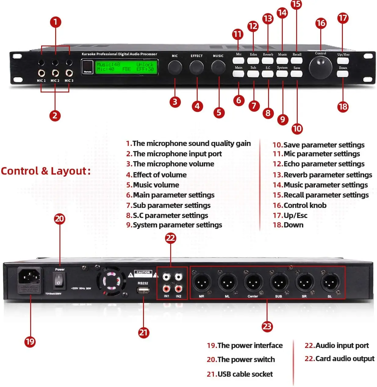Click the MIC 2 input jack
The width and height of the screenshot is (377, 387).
(55, 73)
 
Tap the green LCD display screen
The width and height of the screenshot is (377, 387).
(127, 67)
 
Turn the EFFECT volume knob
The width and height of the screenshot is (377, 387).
(196, 67)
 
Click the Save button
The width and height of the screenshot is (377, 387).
(296, 74)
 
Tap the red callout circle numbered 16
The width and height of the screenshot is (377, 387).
(321, 23)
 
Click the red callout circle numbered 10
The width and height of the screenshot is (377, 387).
(297, 128)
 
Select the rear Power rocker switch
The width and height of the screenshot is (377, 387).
(59, 280)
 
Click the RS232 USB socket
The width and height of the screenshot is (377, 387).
(143, 290)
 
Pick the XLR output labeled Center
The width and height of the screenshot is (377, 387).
(253, 282)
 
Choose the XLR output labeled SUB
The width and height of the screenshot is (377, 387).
(279, 282)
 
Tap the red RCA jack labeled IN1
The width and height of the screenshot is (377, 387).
(166, 288)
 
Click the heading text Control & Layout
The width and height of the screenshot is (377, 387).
(46, 171)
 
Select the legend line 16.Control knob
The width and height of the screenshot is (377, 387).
(300, 205)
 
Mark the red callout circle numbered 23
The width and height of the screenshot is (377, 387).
(267, 326)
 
